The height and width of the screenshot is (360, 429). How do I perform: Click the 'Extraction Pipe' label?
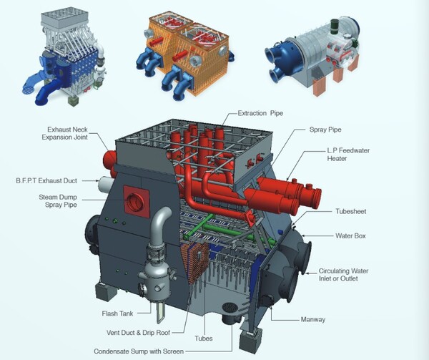click(x=260, y=113)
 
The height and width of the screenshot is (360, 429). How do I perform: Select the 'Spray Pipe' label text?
click(x=325, y=130)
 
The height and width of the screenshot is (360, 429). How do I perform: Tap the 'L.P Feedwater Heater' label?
click(x=348, y=155)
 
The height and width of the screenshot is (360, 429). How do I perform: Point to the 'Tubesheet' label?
click(x=351, y=211)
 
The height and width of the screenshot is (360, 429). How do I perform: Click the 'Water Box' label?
click(x=350, y=235)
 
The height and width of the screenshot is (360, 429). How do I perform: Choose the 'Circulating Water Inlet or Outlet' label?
click(x=344, y=275)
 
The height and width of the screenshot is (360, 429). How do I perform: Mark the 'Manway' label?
click(x=313, y=319)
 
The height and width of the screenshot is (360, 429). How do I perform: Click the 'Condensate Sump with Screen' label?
click(x=139, y=351)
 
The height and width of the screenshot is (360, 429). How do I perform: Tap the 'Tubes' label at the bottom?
click(x=204, y=339)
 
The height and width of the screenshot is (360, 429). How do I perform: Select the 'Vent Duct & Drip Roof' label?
click(x=138, y=333)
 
